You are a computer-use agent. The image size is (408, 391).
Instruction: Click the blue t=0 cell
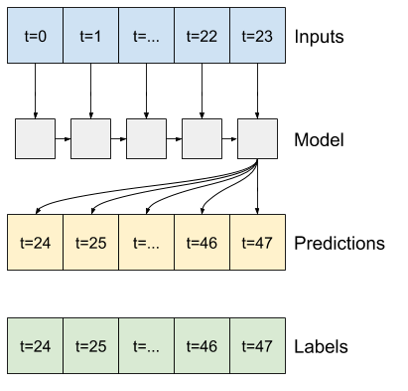(35, 36)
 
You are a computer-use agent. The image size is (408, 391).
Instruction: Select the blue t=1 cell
(90, 36)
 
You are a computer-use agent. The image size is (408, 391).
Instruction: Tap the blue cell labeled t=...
(146, 36)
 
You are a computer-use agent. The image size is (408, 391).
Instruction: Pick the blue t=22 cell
(202, 36)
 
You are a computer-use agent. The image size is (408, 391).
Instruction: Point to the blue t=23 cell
(257, 36)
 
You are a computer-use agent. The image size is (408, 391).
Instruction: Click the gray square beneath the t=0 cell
(35, 138)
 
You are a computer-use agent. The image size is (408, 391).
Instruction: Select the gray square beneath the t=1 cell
(90, 138)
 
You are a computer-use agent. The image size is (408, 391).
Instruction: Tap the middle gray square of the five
(146, 138)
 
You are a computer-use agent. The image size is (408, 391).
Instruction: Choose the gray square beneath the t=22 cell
(202, 138)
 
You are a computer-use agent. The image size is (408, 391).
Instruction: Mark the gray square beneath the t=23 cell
(257, 138)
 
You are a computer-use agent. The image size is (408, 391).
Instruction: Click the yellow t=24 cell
(35, 242)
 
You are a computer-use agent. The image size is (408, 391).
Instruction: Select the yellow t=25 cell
(90, 242)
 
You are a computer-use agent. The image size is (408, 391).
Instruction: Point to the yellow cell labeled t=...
(146, 242)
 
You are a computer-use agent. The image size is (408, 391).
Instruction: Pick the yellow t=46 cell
(202, 242)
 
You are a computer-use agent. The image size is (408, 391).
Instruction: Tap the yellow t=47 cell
(257, 242)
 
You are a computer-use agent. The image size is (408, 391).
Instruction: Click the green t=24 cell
(35, 345)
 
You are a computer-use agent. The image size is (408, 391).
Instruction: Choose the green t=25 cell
(90, 345)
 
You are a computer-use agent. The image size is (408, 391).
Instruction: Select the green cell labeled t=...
(146, 345)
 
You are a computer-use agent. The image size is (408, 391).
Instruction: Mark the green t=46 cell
(202, 345)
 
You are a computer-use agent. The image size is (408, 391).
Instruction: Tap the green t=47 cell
(257, 345)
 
